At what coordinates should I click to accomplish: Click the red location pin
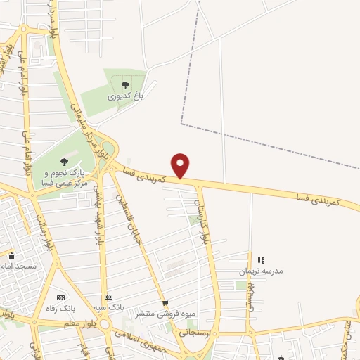[181, 165]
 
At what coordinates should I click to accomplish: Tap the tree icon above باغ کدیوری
[125, 85]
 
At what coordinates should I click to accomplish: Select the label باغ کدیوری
[124, 97]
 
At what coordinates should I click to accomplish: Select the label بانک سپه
[113, 308]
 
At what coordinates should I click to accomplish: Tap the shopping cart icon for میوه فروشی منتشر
[165, 303]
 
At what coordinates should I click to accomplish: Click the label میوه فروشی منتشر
[181, 314]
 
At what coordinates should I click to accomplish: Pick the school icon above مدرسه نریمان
[262, 260]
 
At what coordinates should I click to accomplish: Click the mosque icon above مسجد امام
[11, 255]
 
